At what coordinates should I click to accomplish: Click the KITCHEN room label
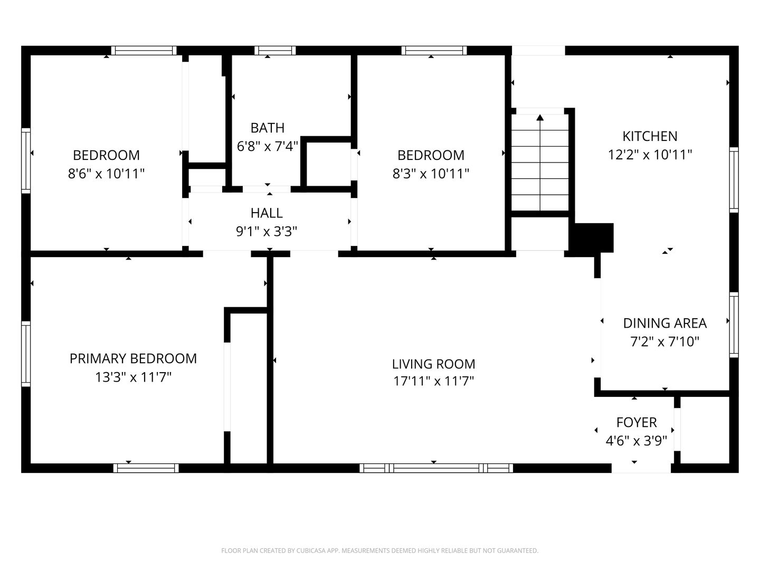coord(650,136)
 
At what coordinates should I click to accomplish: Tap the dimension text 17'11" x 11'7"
coord(433,381)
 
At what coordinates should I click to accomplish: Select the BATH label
coord(267,128)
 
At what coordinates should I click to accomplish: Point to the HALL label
coord(267,213)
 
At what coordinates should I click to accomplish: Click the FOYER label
coord(636,422)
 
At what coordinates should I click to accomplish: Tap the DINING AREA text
coord(664,323)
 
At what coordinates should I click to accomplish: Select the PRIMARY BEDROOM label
coord(133,358)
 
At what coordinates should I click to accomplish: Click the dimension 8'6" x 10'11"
coord(106,174)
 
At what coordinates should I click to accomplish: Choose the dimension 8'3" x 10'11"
coord(431,174)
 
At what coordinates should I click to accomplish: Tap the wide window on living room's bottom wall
coord(436,468)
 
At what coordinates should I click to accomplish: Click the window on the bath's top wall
coord(274,51)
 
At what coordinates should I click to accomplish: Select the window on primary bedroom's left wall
coord(25,353)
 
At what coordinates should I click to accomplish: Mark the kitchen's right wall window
coord(734,179)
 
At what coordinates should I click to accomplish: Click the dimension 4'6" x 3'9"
coord(636,441)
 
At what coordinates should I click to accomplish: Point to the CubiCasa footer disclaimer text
coord(379,550)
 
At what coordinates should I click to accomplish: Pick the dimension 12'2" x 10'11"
coord(650,155)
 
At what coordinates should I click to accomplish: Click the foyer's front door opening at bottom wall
coord(641,468)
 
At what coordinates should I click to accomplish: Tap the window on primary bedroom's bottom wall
coord(146,468)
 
